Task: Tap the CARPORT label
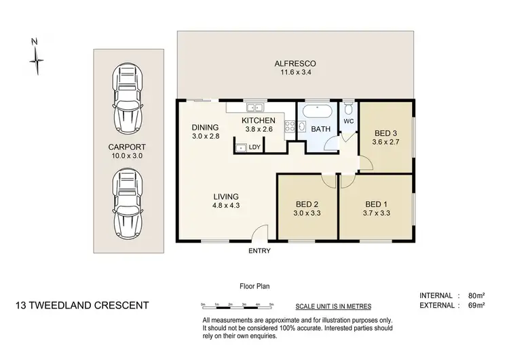point(127,146)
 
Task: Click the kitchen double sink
point(255,107)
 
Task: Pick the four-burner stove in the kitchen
point(290,126)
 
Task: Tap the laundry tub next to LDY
point(240,147)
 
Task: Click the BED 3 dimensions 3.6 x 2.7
point(385,143)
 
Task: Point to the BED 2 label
point(307,204)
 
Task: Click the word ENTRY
point(260,251)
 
